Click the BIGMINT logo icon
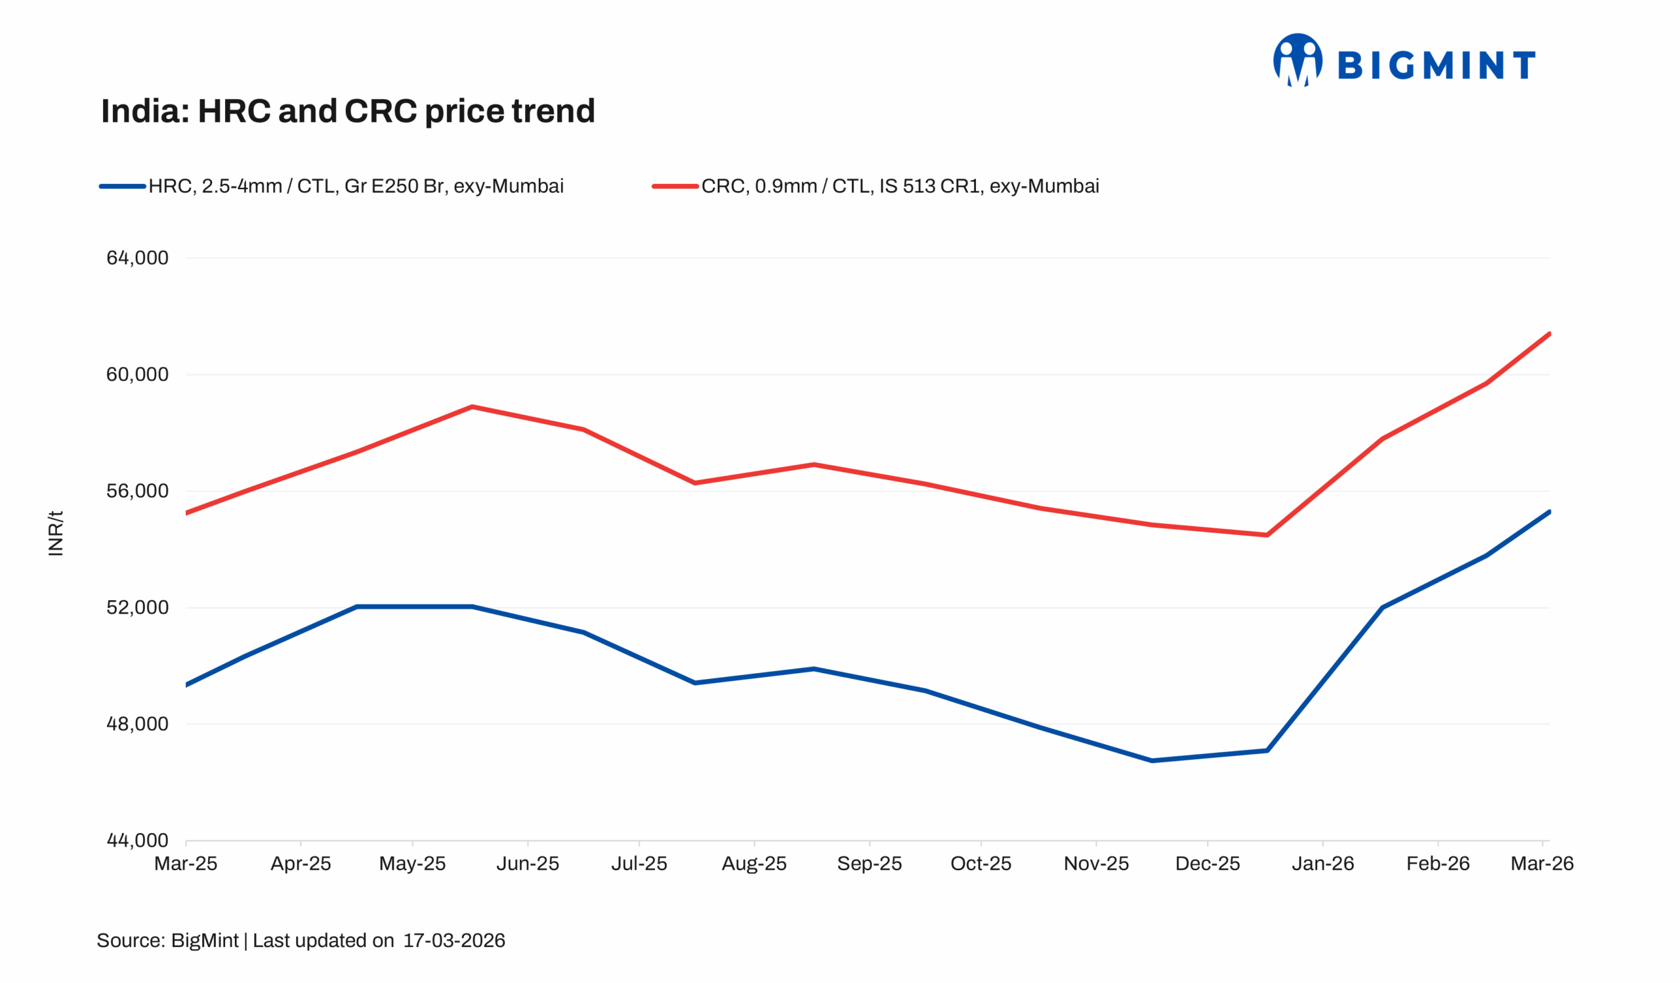(1297, 60)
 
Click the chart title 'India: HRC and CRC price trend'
(347, 111)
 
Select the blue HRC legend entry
(331, 186)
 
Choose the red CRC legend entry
(875, 186)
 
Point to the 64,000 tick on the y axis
(137, 258)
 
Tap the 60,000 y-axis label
(137, 375)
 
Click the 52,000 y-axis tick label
(137, 607)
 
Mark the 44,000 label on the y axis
(137, 841)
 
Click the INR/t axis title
(56, 533)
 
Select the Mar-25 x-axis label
(185, 864)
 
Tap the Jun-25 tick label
(528, 864)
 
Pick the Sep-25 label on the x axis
(870, 864)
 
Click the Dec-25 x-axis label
(1207, 864)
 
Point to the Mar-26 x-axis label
(1542, 864)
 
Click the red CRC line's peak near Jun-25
(472, 407)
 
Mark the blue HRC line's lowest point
(1152, 760)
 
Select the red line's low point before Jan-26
(1267, 535)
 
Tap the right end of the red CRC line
(1549, 334)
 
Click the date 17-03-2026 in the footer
(454, 941)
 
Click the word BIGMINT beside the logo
(1437, 66)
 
